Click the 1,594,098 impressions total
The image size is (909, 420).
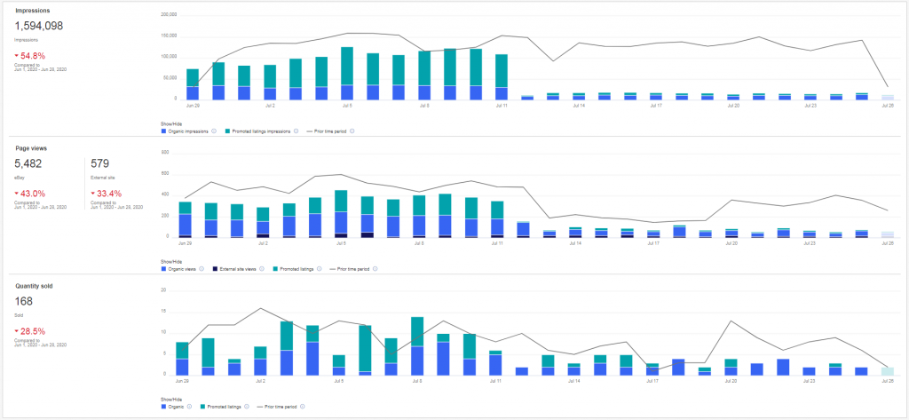click(39, 27)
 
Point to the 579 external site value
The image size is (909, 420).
click(100, 164)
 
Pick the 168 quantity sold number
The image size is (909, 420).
click(25, 302)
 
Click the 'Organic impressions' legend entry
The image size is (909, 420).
click(190, 131)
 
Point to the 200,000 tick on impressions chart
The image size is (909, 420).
click(169, 15)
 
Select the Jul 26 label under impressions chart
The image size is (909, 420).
click(888, 105)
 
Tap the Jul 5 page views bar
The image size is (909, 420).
click(341, 214)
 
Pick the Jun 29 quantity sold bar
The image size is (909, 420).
click(182, 359)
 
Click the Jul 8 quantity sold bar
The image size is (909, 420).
click(417, 346)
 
